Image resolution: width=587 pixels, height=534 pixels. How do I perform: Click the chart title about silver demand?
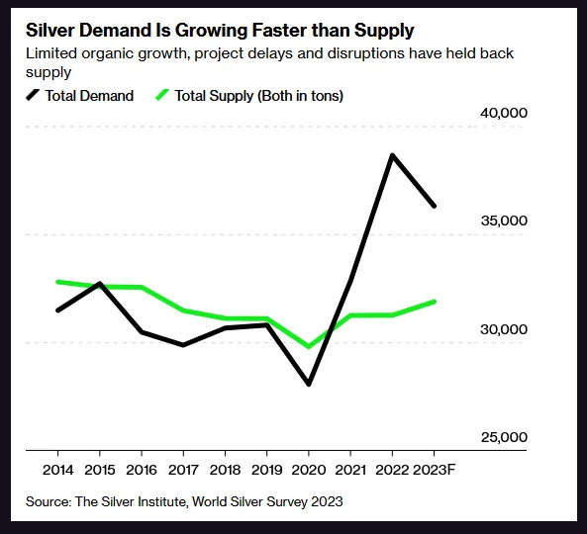click(219, 31)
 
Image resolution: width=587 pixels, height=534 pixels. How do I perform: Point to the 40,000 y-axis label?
click(504, 113)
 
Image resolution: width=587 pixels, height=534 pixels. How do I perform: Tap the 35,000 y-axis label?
click(504, 221)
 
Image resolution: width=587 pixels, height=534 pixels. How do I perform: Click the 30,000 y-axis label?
click(504, 329)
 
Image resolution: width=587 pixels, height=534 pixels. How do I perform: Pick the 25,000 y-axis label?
click(504, 437)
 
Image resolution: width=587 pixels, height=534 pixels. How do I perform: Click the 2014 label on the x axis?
click(58, 468)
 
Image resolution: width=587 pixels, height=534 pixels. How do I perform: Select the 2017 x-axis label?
click(183, 468)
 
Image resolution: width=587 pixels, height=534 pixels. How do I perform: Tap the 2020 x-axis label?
click(309, 468)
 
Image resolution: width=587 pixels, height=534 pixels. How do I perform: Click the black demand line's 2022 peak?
click(392, 155)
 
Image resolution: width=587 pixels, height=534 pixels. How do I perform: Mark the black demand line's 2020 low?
click(309, 384)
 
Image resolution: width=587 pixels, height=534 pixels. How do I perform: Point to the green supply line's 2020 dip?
click(309, 347)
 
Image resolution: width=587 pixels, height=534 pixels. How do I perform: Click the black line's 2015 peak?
click(100, 284)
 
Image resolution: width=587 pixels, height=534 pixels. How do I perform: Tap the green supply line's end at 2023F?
click(435, 302)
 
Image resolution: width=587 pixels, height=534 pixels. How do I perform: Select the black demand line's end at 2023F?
click(435, 206)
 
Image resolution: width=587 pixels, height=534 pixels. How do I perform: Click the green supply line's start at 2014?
click(58, 282)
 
